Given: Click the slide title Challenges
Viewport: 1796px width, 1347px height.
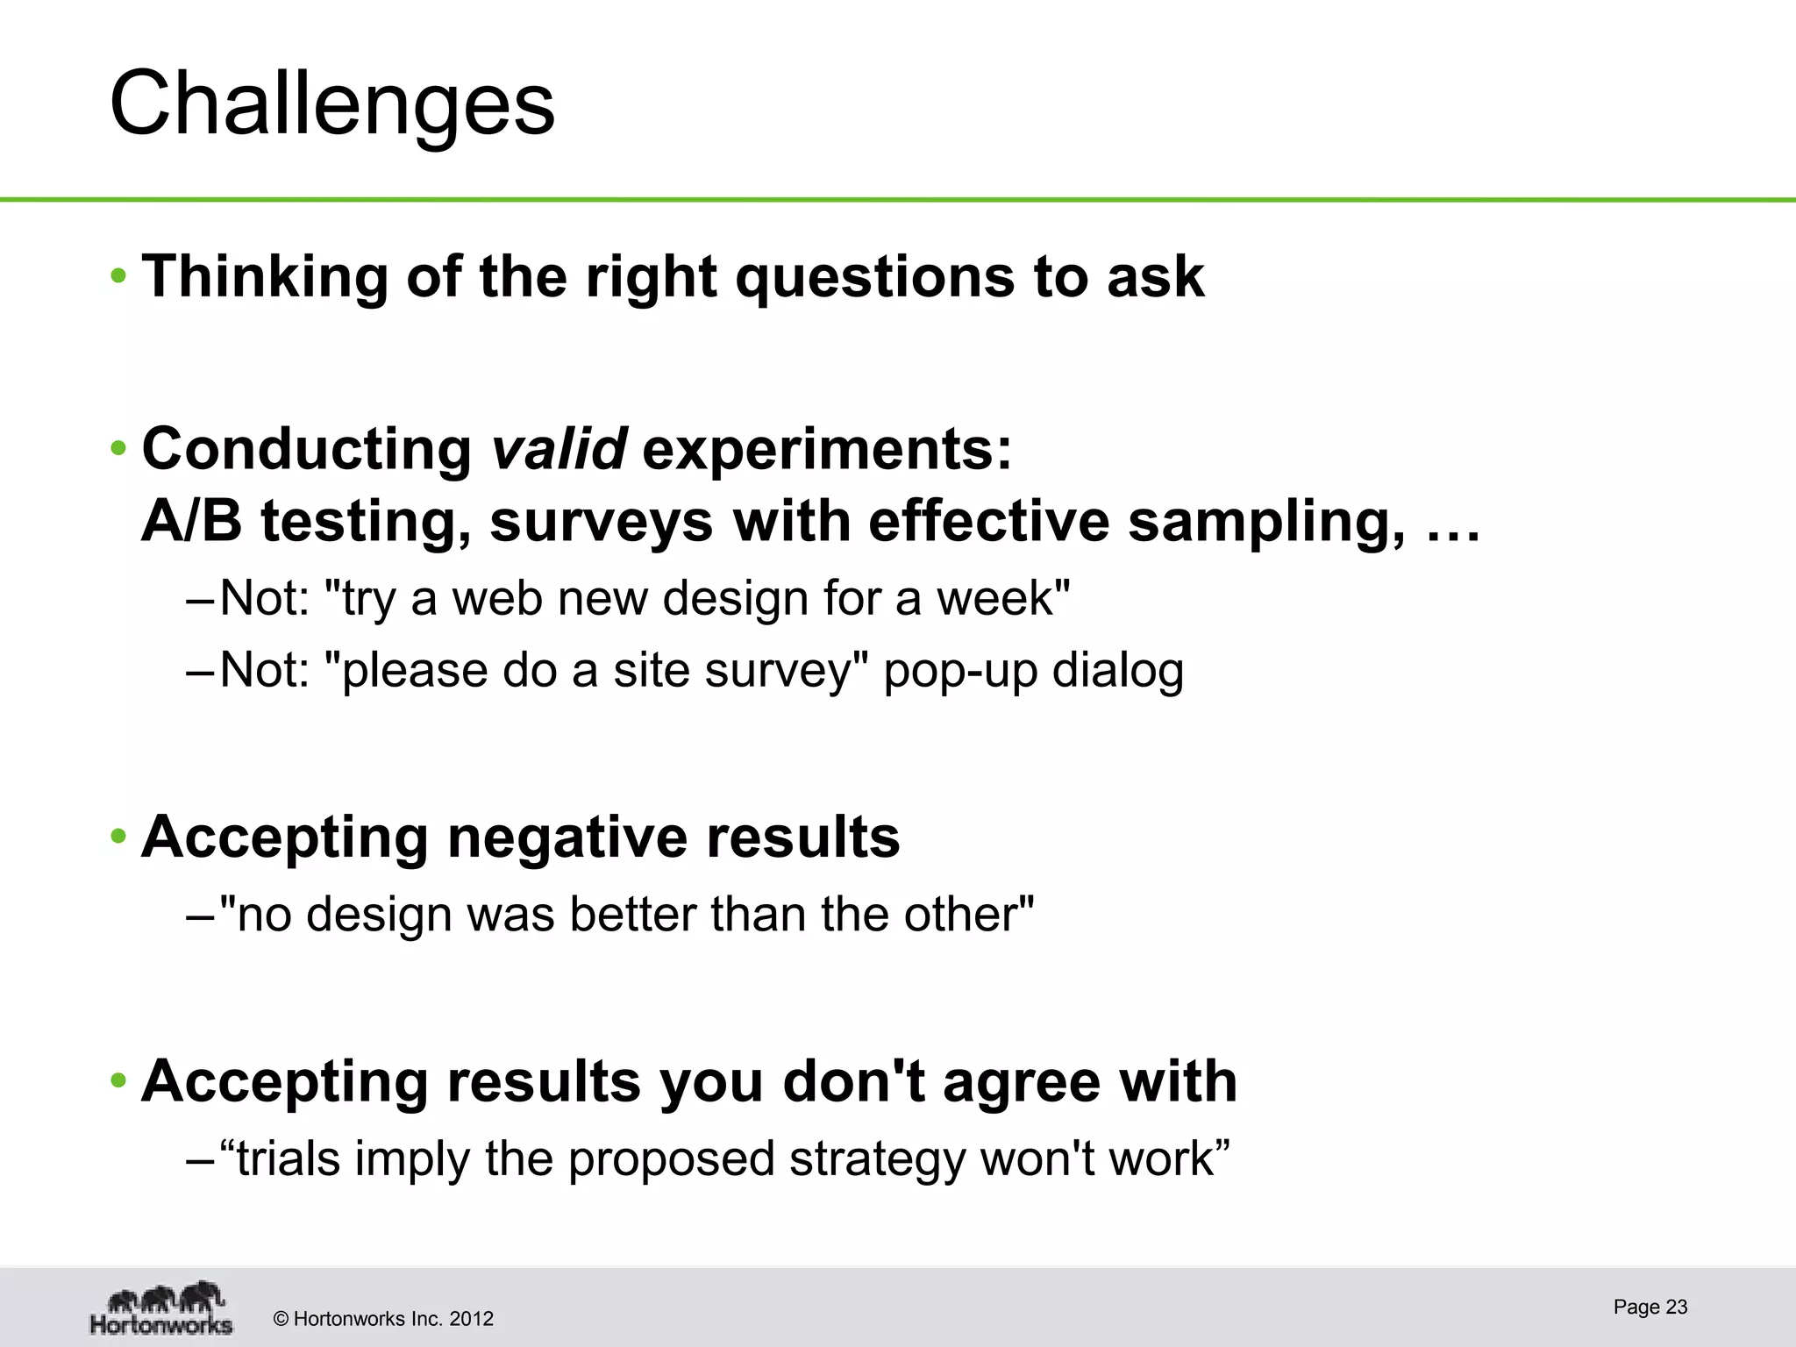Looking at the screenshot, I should (x=331, y=103).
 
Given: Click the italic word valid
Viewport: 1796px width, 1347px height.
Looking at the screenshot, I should (x=559, y=449).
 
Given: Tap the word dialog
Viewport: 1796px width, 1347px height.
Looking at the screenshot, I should (x=1117, y=672).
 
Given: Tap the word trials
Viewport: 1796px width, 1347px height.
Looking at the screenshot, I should (x=288, y=1158).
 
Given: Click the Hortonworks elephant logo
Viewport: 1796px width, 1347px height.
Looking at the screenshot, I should (x=162, y=1307).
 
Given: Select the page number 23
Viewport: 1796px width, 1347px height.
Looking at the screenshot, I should (x=1676, y=1307).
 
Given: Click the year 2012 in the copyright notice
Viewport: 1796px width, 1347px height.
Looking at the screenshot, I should (x=471, y=1319).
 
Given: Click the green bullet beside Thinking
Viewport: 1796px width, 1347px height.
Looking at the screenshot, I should (x=118, y=278).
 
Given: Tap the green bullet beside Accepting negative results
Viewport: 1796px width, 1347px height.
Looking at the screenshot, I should (x=118, y=837).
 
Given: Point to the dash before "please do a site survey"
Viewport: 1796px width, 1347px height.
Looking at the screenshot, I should (x=199, y=672).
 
